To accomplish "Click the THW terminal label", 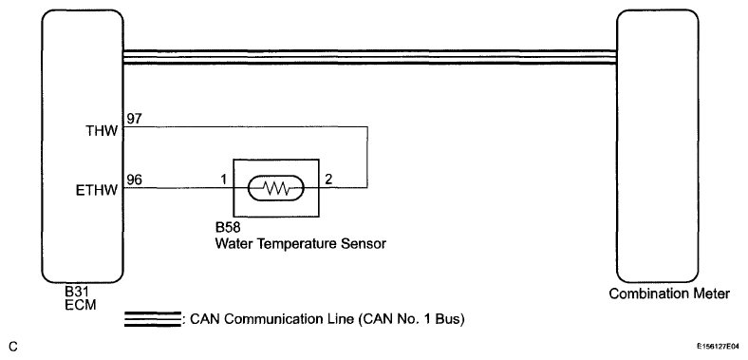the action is pos(102,131).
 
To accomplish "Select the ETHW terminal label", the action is pos(97,191).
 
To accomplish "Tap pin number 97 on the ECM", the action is pos(135,119).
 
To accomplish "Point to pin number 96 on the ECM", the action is pos(135,180).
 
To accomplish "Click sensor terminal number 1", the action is pos(223,180).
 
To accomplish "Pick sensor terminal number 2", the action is pos(328,180).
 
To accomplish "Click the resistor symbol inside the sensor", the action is pos(275,188).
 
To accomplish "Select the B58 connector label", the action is pos(228,227).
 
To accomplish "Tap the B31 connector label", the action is pos(78,292).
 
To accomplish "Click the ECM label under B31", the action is pos(80,304).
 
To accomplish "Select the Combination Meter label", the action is pos(669,294).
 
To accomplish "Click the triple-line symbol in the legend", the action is pos(152,319).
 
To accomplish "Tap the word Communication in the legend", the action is pos(279,319).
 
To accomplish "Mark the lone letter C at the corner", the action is pos(13,347).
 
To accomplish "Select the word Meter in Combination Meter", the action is pos(712,294).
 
